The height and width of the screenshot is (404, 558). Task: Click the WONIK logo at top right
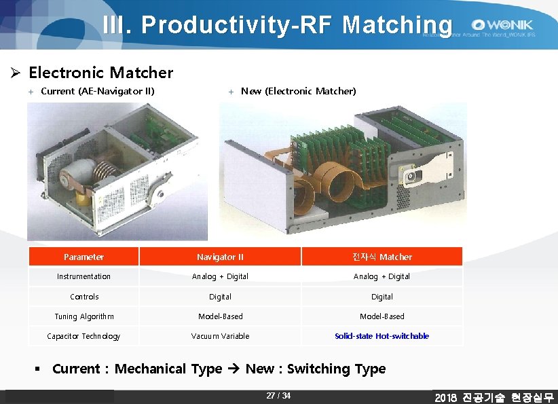(x=503, y=24)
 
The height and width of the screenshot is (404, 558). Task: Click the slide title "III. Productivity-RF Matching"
(x=277, y=24)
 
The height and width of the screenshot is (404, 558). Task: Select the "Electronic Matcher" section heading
(x=100, y=73)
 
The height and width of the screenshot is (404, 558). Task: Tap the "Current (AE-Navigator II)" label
(x=98, y=91)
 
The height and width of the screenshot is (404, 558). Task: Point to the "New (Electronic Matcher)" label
(x=298, y=91)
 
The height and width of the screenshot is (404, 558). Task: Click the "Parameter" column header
(x=83, y=257)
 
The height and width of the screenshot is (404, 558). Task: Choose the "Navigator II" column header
(x=220, y=257)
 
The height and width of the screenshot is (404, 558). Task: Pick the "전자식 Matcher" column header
(x=382, y=257)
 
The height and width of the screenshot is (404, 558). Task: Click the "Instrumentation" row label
(x=83, y=276)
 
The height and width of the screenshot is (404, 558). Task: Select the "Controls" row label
(x=84, y=297)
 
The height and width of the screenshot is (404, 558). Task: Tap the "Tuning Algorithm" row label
(x=84, y=316)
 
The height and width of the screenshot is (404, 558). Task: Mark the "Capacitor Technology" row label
(x=83, y=336)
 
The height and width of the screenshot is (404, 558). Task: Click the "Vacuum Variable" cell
(x=220, y=336)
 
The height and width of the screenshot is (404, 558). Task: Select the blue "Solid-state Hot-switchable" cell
(x=382, y=336)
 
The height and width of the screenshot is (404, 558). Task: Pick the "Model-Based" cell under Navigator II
(x=220, y=316)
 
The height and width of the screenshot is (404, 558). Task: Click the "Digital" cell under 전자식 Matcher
(x=382, y=297)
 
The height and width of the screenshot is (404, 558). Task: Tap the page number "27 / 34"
(x=278, y=396)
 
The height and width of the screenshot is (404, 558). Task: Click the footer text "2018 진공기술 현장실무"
(x=494, y=397)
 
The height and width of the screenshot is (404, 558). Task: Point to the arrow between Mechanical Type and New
(x=234, y=369)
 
